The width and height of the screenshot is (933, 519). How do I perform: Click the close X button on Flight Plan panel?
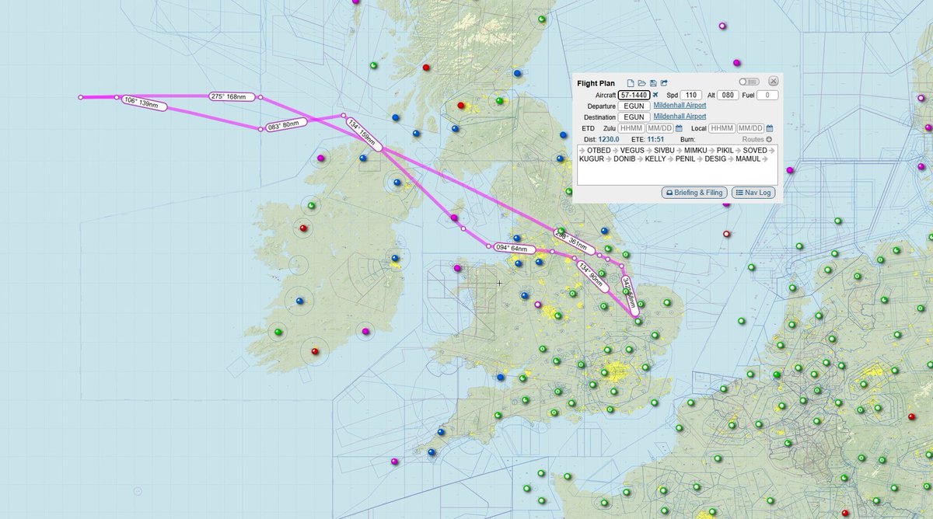773,81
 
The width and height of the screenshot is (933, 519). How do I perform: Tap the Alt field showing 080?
729,95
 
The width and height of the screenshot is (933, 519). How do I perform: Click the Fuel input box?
767,95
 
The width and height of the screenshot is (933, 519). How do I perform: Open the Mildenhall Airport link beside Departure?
680,106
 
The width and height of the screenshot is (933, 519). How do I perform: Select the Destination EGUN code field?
634,117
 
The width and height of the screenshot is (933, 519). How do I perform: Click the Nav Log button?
753,192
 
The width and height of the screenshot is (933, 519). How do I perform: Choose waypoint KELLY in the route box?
655,158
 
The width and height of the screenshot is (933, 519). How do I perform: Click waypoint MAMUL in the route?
747,158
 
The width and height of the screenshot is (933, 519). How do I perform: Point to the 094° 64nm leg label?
515,248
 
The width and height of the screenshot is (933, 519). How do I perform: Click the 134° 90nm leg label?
592,275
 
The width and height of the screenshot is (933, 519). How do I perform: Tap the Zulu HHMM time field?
631,128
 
